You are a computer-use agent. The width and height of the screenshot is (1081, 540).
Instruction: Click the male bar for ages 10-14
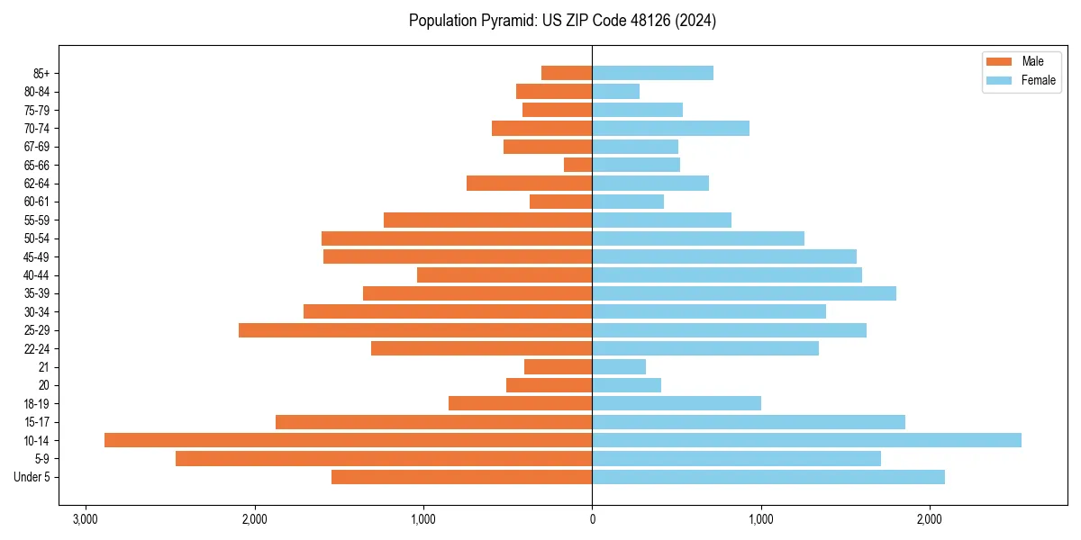coord(348,440)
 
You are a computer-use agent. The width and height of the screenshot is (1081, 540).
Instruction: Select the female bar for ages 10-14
coord(806,440)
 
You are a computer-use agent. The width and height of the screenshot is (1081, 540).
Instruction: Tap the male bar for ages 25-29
coord(415,330)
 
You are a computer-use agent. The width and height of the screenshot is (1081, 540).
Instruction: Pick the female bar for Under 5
coord(768,477)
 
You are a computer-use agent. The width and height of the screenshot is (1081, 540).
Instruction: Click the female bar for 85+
coord(652,73)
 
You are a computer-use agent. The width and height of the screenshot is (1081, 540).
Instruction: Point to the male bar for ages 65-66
coord(577,165)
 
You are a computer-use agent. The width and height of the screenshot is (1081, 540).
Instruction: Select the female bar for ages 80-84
coord(615,91)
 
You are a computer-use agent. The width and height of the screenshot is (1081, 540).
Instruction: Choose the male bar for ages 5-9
coord(384,459)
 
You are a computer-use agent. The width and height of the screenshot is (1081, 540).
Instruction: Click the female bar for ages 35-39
coord(744,293)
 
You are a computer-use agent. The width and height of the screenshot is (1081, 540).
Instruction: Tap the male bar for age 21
coord(558,366)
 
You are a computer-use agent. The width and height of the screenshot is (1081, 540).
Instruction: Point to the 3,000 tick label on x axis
coord(86,519)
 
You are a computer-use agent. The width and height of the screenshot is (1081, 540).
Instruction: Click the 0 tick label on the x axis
coord(592,519)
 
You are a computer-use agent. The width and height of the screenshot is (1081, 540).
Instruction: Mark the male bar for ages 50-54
coord(457,238)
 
